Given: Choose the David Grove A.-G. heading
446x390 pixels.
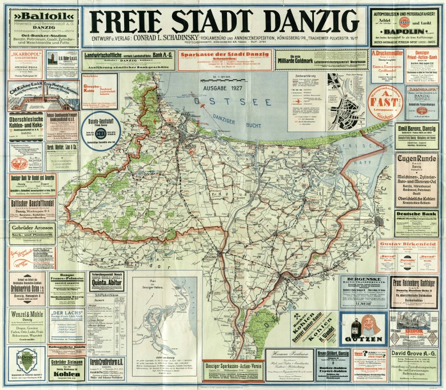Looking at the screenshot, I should click(x=416, y=353).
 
